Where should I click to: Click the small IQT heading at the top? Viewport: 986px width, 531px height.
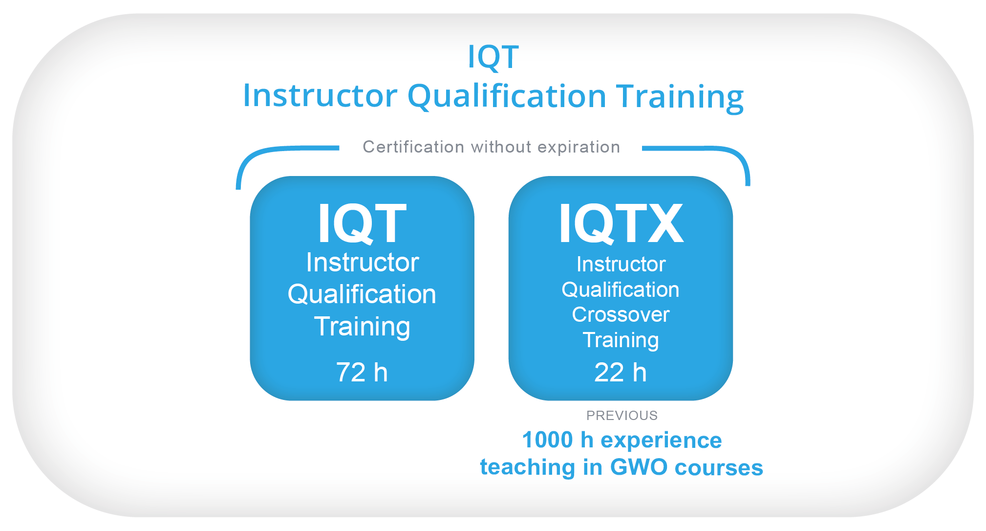click(493, 57)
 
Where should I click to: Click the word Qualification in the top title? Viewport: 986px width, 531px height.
click(507, 96)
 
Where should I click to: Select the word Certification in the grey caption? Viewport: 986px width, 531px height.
click(413, 147)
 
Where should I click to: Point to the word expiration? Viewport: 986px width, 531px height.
click(579, 147)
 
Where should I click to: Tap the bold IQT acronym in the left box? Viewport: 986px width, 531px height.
click(362, 223)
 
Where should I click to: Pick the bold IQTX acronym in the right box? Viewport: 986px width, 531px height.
click(621, 223)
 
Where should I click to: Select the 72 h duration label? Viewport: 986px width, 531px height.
click(362, 372)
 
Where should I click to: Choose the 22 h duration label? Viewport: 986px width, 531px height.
click(621, 372)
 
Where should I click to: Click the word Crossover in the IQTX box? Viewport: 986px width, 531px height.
click(621, 314)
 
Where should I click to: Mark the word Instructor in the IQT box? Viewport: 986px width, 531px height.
click(362, 262)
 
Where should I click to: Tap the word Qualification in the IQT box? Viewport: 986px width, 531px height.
click(362, 294)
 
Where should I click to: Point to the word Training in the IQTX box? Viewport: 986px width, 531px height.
click(621, 341)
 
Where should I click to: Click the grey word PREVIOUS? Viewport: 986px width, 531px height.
click(622, 416)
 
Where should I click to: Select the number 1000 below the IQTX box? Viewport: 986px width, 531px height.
click(547, 440)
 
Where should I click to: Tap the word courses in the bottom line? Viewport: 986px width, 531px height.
click(719, 468)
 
